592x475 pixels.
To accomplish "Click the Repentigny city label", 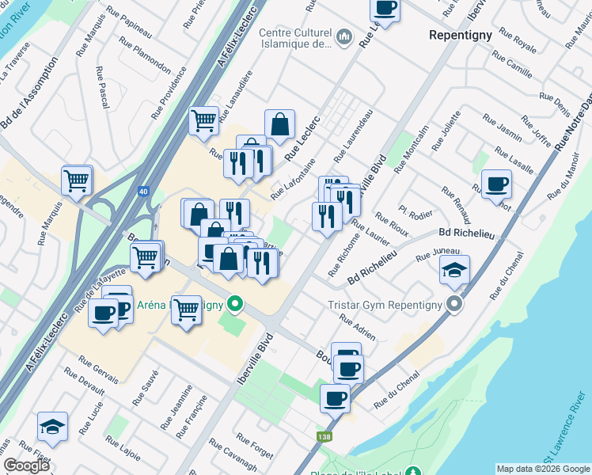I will tap(461, 36).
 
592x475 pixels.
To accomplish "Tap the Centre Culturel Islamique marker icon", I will tap(345, 37).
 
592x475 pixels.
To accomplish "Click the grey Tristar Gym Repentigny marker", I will tap(453, 304).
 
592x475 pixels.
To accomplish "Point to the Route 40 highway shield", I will tap(143, 191).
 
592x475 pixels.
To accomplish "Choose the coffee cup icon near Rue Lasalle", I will tap(496, 184).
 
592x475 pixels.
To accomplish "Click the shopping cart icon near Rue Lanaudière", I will tap(204, 121).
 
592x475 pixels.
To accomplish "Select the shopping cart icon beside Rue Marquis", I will tap(77, 180).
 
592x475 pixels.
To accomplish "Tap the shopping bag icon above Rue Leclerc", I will tap(280, 124).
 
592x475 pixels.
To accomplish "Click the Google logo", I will tap(26, 465).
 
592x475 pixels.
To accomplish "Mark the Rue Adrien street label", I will tap(357, 328).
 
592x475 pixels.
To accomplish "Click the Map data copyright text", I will tap(542, 469).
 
